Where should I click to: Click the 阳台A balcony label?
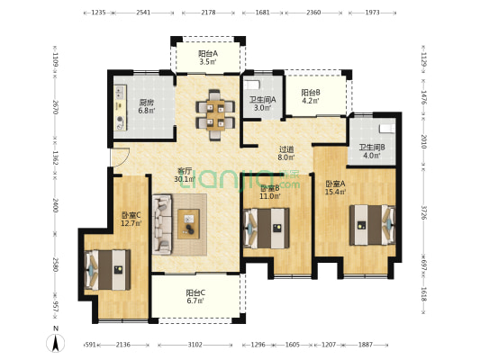pyautogui.click(x=208, y=58)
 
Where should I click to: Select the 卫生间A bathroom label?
pyautogui.click(x=264, y=103)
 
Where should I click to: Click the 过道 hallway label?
pyautogui.click(x=286, y=154)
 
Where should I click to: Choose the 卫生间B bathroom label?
pyautogui.click(x=372, y=151)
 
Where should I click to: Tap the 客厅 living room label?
pyautogui.click(x=183, y=174)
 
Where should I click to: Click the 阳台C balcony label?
pyautogui.click(x=195, y=297)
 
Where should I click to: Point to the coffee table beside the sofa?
pyautogui.click(x=189, y=221)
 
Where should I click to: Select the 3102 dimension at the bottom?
pyautogui.click(x=195, y=344)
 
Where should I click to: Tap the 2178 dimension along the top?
pyautogui.click(x=208, y=13)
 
